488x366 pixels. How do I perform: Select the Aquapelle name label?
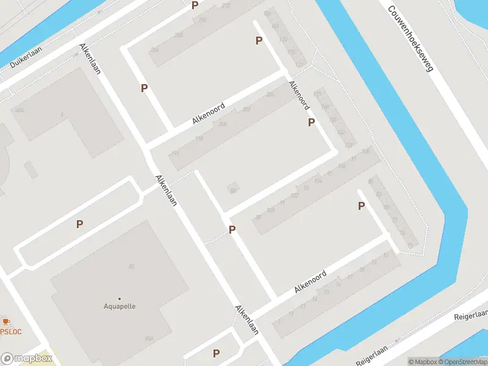coord(120,306)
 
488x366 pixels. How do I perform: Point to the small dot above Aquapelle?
coord(120,298)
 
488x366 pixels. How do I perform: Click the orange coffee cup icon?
coord(6,321)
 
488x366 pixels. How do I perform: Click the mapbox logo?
coord(27,359)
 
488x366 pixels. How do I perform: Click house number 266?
coord(154,49)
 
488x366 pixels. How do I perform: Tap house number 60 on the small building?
coord(233,191)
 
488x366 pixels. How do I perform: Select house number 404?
coord(20,110)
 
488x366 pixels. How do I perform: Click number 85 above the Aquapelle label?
coord(131,267)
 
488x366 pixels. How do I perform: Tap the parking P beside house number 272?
coord(195,5)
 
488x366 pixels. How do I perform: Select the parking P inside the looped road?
coord(79,224)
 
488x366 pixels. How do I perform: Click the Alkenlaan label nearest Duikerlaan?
coord(90,59)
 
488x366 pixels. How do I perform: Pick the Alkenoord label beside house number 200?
coord(209,113)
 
